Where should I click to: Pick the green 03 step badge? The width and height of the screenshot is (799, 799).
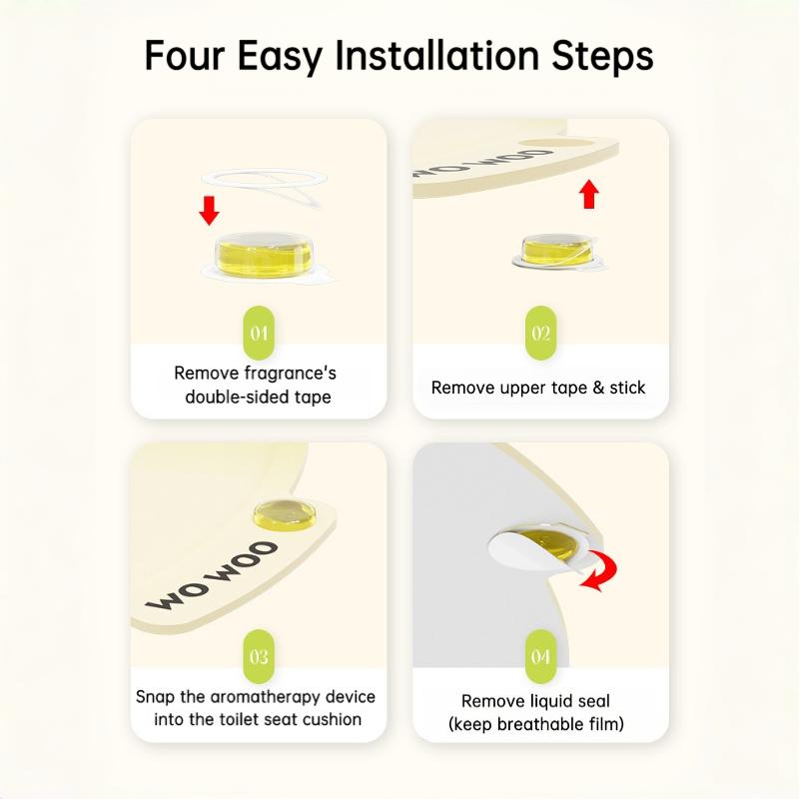coord(259,656)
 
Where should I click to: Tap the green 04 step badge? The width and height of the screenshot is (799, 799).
coord(540,656)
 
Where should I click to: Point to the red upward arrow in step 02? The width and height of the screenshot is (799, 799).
coord(589,194)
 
